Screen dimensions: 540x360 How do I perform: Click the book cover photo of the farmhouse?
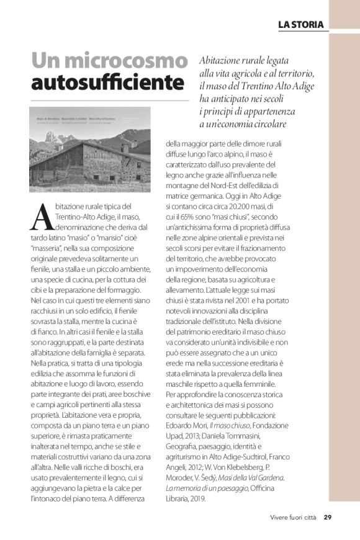(x=90, y=150)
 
